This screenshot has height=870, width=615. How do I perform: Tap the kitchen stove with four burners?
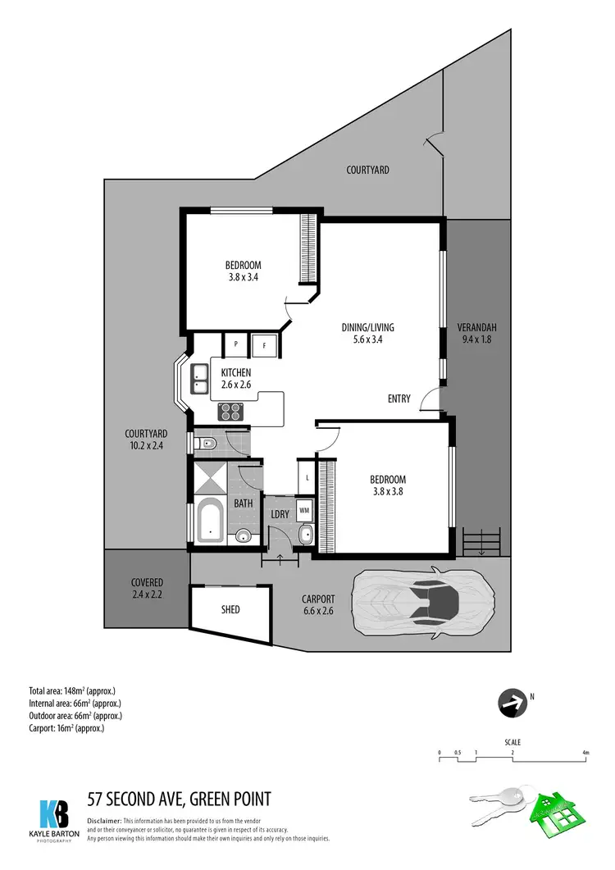click(230, 412)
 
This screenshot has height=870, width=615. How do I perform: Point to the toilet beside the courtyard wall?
click(207, 444)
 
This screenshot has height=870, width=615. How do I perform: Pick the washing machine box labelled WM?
click(303, 510)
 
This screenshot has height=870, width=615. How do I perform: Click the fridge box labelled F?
click(264, 345)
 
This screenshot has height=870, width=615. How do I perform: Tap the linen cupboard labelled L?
click(307, 477)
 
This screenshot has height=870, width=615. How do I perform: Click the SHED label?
click(230, 610)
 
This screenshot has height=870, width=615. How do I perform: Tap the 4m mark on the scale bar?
click(585, 753)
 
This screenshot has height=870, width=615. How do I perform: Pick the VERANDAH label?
click(476, 328)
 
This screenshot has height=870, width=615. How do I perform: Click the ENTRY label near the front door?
click(399, 399)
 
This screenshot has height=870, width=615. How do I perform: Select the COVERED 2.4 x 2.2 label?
click(147, 588)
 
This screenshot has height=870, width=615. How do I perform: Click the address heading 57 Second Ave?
click(179, 799)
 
